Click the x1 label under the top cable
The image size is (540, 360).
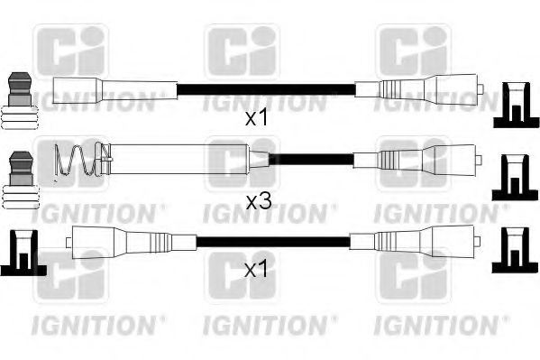(258, 117)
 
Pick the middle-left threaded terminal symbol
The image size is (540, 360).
(20, 180)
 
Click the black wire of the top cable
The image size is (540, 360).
(266, 89)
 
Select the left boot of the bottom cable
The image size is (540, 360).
(126, 242)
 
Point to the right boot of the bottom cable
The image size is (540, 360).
(415, 242)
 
